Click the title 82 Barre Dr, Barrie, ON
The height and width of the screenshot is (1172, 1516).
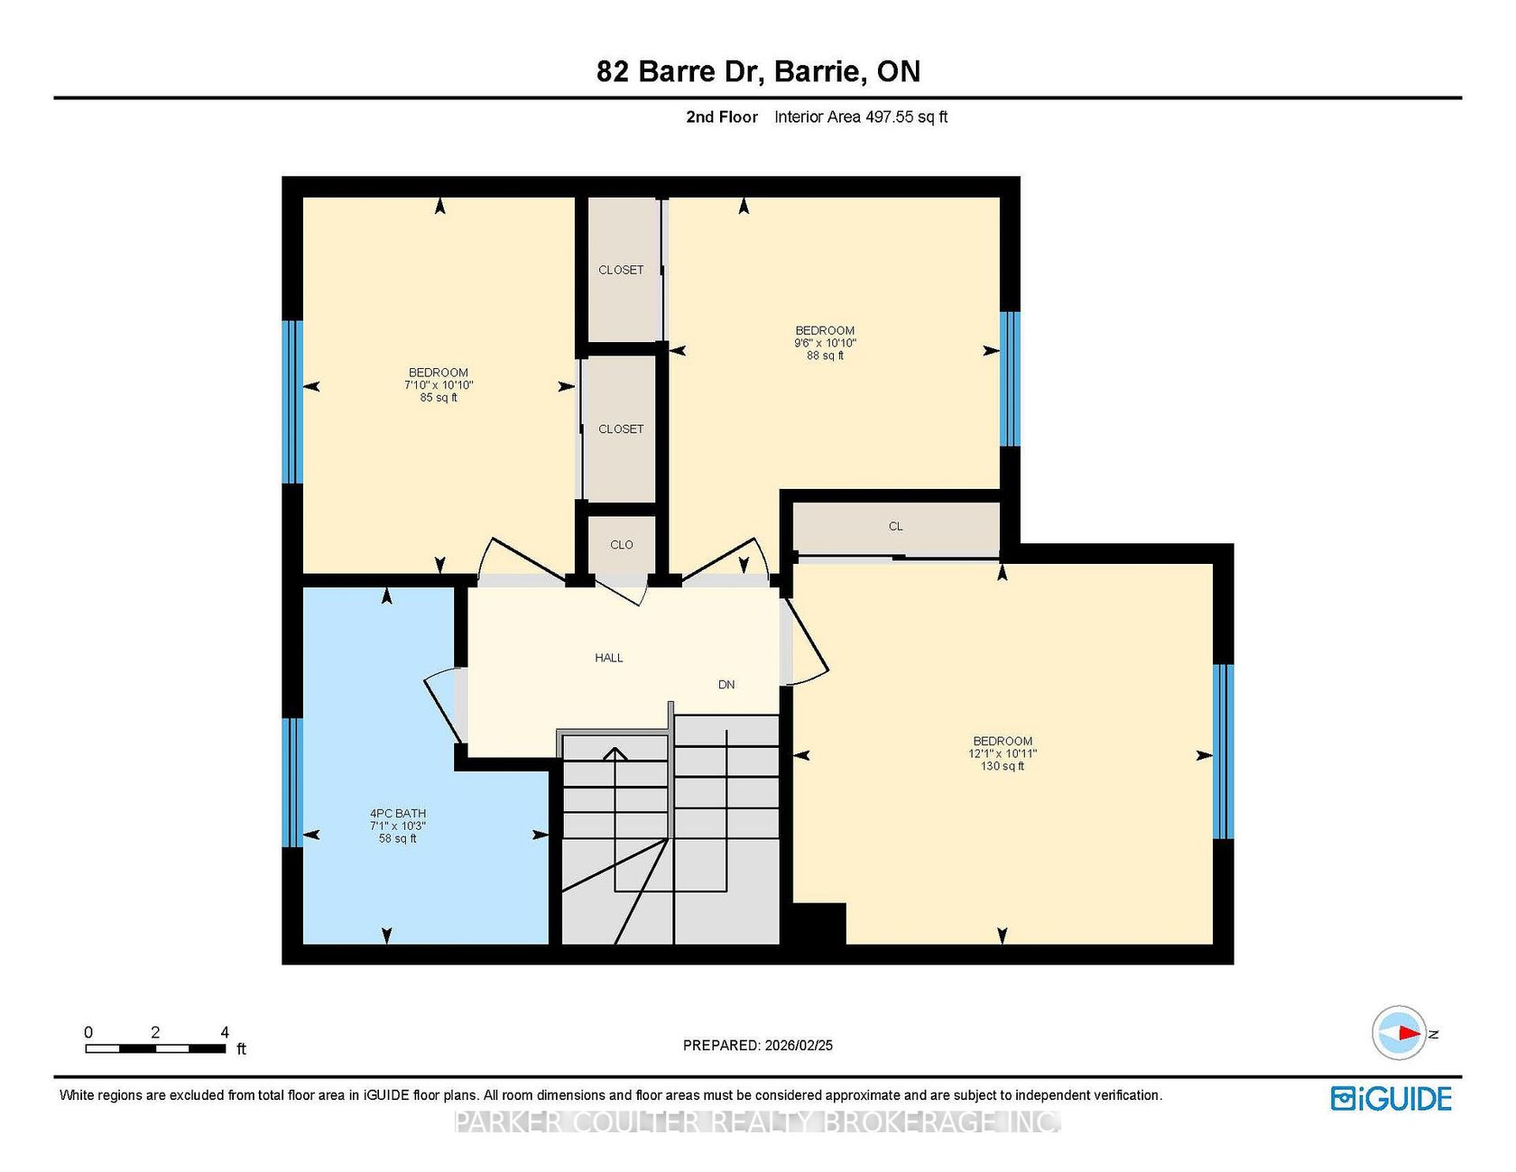[758, 71]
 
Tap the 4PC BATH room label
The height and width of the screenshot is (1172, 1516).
[397, 813]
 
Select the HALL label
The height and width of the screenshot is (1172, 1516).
[609, 658]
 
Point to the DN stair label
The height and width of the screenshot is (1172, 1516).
[726, 685]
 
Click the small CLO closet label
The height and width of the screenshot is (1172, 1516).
[622, 545]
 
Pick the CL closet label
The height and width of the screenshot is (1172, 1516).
[895, 526]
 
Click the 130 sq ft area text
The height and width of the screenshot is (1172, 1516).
[1003, 766]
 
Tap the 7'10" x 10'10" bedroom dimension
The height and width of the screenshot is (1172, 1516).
[439, 385]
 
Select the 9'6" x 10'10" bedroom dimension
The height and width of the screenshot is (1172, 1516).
[825, 343]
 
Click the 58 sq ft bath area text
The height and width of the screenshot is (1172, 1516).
[398, 838]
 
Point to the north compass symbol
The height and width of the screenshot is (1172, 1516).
[1400, 1033]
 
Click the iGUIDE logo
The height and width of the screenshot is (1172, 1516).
[1391, 1098]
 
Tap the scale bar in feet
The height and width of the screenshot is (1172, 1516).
[155, 1048]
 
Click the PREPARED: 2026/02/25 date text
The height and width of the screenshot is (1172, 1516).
[758, 1046]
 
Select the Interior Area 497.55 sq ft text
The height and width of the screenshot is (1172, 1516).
[861, 116]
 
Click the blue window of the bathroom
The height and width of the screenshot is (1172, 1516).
[292, 782]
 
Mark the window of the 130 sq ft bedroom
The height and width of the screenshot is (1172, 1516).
[1223, 752]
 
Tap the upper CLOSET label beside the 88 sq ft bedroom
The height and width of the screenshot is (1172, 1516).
[622, 270]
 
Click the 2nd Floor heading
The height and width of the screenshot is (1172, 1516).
[722, 116]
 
